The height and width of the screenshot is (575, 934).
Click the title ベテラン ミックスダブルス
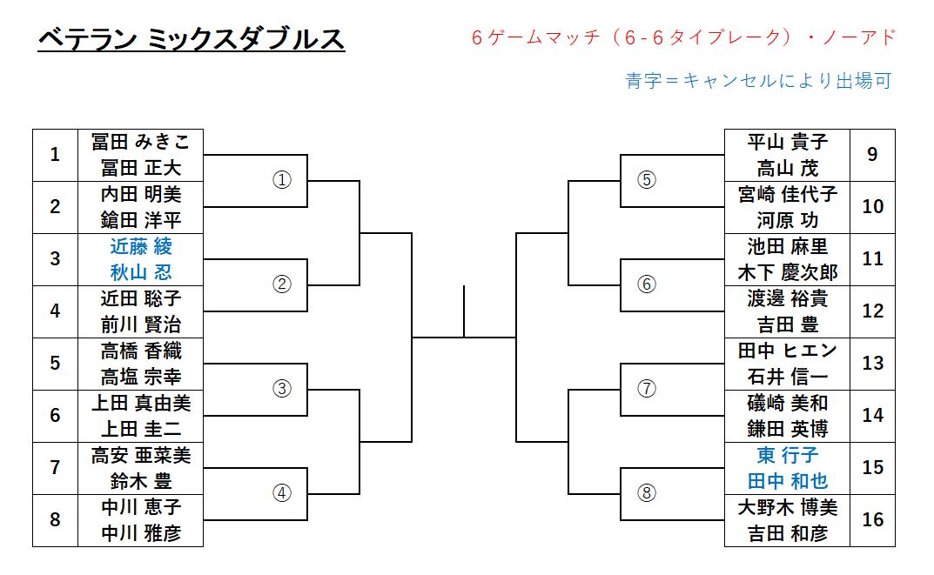click(x=192, y=39)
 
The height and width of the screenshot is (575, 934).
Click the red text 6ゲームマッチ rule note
click(x=682, y=37)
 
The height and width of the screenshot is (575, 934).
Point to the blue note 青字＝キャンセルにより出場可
click(x=759, y=81)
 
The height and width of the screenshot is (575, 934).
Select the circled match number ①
click(x=281, y=180)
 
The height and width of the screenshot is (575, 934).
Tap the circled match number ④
click(x=281, y=493)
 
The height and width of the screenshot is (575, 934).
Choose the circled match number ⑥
click(x=646, y=284)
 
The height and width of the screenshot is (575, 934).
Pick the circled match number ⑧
click(x=646, y=493)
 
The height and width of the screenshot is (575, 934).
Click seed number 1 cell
click(x=55, y=155)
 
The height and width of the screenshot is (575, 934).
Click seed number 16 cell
click(x=873, y=519)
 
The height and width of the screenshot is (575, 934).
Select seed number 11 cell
click(x=873, y=258)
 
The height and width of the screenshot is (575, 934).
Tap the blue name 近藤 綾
click(x=140, y=246)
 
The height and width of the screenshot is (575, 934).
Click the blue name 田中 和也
click(x=787, y=481)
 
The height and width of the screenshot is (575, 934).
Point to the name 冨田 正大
click(x=140, y=168)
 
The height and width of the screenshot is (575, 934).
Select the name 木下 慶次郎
click(x=787, y=272)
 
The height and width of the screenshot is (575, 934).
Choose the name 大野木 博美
click(x=787, y=507)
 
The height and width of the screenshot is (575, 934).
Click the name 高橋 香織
click(x=140, y=351)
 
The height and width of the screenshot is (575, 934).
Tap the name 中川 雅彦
click(x=140, y=533)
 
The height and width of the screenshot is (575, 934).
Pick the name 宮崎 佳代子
click(x=787, y=194)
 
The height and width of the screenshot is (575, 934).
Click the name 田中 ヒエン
click(x=787, y=351)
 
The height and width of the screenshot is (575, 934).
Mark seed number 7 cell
click(x=55, y=468)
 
